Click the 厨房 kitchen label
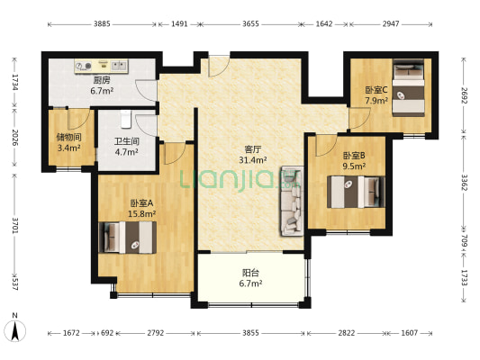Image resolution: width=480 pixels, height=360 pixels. (x=102, y=80)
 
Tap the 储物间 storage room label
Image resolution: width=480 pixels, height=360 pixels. (x=68, y=137)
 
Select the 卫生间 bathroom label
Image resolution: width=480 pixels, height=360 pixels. (x=127, y=141)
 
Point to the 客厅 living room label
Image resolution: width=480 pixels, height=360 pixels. (x=252, y=149)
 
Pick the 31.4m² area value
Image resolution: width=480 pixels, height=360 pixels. (x=252, y=159)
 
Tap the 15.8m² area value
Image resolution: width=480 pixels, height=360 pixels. (x=141, y=213)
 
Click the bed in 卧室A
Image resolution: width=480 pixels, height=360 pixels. (x=128, y=238)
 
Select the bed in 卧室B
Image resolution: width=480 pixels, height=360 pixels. (x=356, y=192)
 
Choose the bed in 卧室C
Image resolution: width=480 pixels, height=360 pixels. (x=409, y=88)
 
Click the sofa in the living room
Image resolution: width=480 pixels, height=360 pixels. (x=292, y=201)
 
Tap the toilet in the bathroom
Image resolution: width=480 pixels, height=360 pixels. (x=125, y=119)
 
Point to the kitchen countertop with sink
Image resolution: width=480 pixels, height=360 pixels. (x=102, y=66)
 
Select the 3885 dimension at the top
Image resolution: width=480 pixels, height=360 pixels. (x=102, y=24)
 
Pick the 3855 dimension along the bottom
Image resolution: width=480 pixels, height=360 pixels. (x=250, y=333)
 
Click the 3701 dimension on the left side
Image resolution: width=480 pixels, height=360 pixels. (x=15, y=225)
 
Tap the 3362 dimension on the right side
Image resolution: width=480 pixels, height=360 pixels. (x=465, y=183)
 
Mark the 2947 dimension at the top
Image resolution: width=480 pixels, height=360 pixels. (x=391, y=24)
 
